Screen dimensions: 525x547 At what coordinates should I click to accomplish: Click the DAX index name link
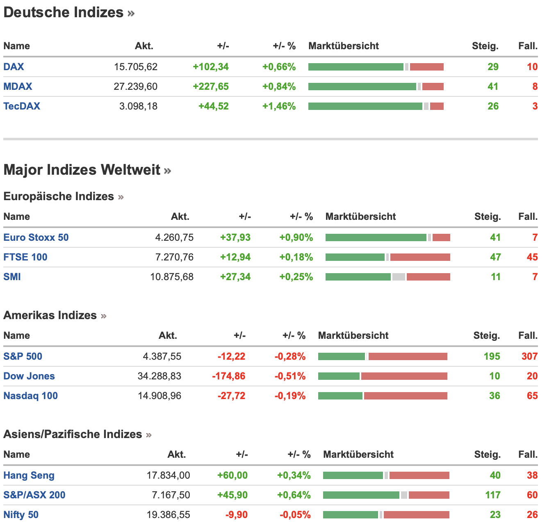coord(14,67)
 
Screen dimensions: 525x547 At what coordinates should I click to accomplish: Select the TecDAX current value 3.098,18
coord(138,106)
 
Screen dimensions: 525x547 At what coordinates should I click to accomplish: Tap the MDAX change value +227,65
coord(210,87)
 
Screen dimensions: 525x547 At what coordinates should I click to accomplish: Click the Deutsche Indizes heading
coord(64,12)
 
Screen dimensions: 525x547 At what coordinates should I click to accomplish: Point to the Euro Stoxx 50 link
coord(36,237)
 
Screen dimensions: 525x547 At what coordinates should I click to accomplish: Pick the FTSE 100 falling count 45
coord(532,257)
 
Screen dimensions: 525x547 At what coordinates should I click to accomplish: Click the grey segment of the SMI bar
coord(399,277)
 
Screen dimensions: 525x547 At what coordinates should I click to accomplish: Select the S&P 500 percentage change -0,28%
coord(290,356)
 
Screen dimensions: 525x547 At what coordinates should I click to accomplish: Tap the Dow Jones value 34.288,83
coord(159,376)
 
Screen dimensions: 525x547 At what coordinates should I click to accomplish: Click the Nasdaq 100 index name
coord(31,396)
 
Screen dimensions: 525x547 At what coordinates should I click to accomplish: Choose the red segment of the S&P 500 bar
coord(408,356)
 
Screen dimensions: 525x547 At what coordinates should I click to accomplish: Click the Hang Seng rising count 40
coord(495,475)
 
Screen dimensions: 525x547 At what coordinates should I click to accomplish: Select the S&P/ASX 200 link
coord(34,495)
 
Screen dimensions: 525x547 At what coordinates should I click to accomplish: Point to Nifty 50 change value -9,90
coord(237,515)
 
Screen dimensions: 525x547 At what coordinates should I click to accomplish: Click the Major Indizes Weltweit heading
coord(82,170)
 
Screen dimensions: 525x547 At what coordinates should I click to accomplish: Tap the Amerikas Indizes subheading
coord(50,315)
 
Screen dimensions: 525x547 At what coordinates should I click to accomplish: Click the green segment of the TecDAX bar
coord(365,106)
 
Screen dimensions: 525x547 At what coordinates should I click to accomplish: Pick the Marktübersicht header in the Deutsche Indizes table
coord(344,46)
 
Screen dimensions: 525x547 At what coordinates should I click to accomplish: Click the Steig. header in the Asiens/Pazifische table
coord(488,454)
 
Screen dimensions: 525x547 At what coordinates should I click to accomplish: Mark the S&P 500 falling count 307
coord(529,356)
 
